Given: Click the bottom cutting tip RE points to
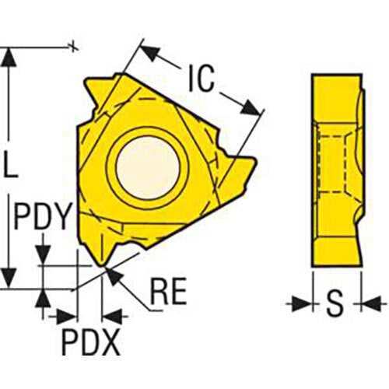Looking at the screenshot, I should click(x=104, y=268).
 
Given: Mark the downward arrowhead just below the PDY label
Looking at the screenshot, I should click(x=44, y=255).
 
